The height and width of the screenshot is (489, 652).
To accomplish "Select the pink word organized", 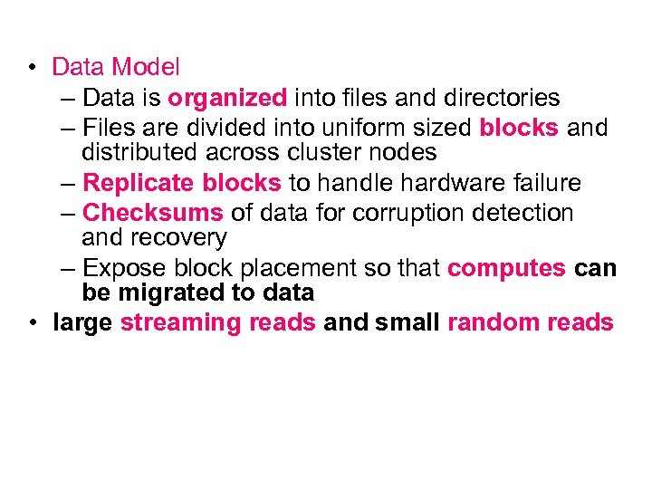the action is point(228,97).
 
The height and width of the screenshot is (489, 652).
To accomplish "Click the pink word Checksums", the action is point(152,214).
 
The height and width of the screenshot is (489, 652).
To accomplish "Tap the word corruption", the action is point(413,214).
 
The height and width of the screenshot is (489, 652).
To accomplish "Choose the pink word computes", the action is point(506,269).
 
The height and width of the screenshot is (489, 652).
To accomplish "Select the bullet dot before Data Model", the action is point(32,67).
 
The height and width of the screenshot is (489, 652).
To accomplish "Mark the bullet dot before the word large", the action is point(32,322).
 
